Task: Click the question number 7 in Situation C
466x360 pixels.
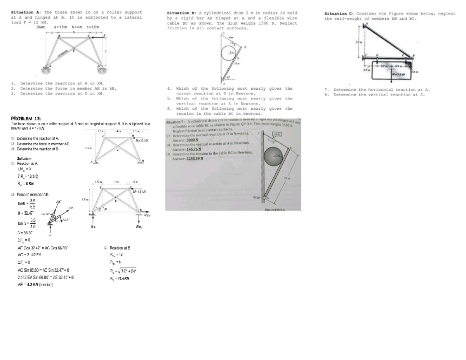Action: pos(327,90)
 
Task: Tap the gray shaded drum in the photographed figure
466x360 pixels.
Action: pos(273,157)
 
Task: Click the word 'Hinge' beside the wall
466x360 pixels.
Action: pos(257,198)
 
